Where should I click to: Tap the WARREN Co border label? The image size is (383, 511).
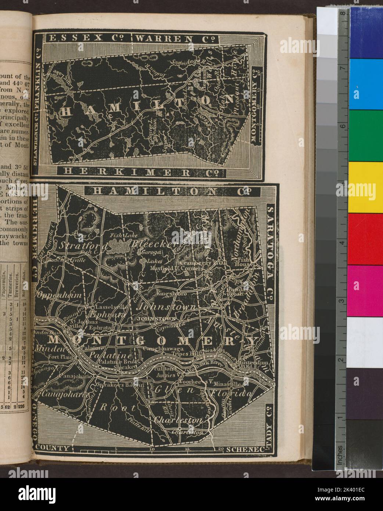coord(174,38)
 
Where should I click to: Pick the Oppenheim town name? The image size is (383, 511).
coord(54,295)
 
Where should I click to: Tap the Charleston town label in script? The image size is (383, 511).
coord(179,420)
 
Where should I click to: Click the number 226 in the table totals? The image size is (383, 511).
coord(25,407)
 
